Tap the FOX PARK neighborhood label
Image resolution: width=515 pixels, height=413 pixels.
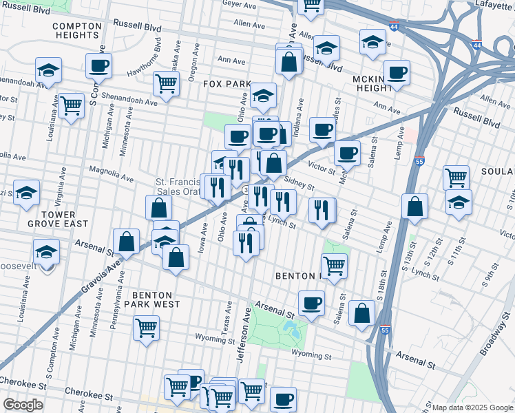227,84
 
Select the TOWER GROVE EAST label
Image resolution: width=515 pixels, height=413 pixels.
58,218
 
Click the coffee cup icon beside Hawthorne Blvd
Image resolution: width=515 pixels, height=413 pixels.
99,66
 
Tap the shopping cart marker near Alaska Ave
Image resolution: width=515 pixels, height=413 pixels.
166,83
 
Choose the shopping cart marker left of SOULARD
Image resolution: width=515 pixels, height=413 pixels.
456,177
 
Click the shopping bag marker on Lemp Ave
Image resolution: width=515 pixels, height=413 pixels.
414,206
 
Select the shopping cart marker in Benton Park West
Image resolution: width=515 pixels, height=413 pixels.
146,328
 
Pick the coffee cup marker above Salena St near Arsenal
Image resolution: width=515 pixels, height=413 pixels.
311,303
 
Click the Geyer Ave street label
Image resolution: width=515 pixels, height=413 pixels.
239,3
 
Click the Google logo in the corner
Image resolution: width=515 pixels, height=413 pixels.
23,405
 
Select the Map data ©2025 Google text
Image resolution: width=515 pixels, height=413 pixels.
472,407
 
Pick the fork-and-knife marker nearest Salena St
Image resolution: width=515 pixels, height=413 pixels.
322,211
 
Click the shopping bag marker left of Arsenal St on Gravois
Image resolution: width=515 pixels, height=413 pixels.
127,241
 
